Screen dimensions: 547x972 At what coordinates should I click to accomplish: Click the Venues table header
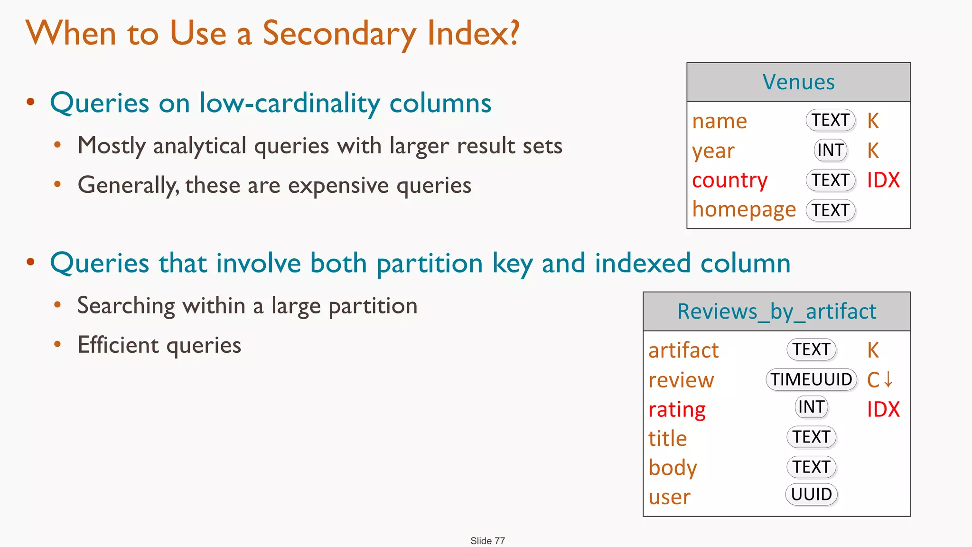[798, 82]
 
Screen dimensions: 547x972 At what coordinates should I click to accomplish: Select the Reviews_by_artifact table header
[776, 311]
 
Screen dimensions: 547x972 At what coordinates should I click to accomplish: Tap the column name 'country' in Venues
[729, 180]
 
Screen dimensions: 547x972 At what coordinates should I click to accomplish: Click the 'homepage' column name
[744, 209]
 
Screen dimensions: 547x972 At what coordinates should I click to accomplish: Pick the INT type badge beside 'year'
[830, 150]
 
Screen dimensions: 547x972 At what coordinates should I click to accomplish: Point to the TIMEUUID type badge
[811, 379]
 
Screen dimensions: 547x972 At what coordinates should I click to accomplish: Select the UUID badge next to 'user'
[811, 494]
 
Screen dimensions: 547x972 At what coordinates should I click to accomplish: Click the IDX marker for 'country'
[883, 180]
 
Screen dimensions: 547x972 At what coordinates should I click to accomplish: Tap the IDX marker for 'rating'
[883, 409]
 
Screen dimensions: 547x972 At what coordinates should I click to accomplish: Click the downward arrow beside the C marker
[888, 379]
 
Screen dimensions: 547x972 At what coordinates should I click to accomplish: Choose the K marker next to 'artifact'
[873, 350]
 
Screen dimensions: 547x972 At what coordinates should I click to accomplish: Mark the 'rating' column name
[677, 409]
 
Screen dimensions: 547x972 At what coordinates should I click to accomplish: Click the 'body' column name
[673, 468]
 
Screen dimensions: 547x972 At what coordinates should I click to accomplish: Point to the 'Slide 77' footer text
[487, 541]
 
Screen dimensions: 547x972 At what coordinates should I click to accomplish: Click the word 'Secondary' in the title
[339, 34]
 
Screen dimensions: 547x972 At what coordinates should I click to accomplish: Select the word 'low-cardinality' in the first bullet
[289, 103]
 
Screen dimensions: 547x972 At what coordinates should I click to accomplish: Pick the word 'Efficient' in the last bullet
[118, 345]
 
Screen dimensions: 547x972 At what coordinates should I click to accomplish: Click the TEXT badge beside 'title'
[811, 437]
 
